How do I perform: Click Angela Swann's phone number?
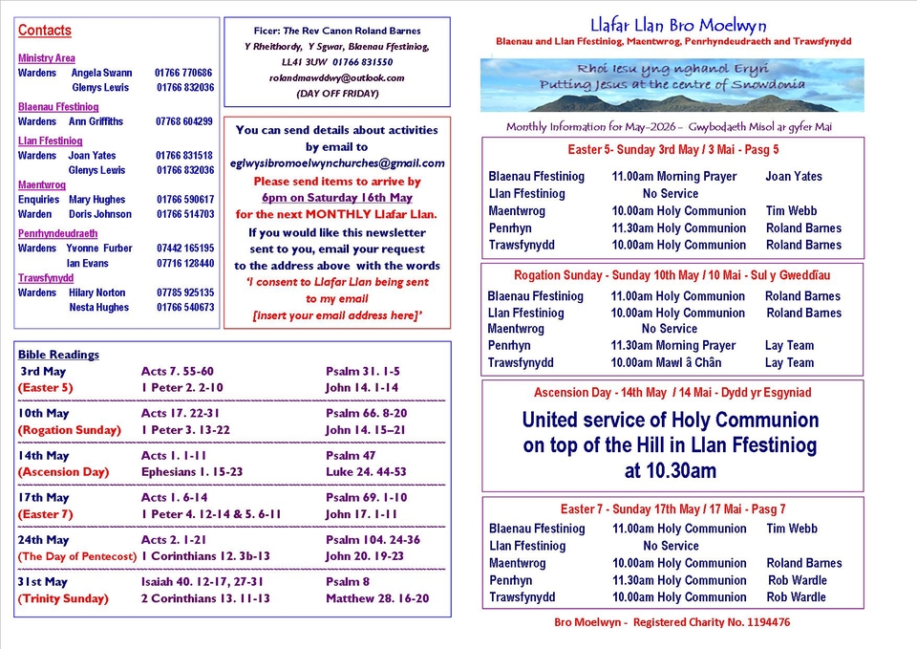click(x=183, y=73)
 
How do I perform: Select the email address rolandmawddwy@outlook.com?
click(x=336, y=77)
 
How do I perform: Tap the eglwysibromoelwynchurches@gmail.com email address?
click(x=336, y=163)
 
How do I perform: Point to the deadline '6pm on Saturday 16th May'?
click(x=336, y=197)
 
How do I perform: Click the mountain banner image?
click(x=672, y=85)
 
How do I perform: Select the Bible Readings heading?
click(x=58, y=355)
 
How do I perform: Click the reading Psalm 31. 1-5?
click(x=362, y=371)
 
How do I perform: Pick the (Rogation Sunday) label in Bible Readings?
click(x=70, y=430)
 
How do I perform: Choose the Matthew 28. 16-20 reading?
click(x=376, y=598)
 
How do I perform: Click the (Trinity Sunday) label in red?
click(x=63, y=598)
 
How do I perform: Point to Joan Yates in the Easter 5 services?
click(x=793, y=177)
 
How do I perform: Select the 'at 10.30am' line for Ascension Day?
click(x=670, y=470)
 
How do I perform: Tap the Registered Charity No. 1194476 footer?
click(x=672, y=622)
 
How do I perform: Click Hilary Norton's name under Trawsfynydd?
click(x=96, y=292)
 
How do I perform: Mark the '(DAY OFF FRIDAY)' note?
click(x=336, y=94)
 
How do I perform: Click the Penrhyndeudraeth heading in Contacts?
click(x=57, y=233)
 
